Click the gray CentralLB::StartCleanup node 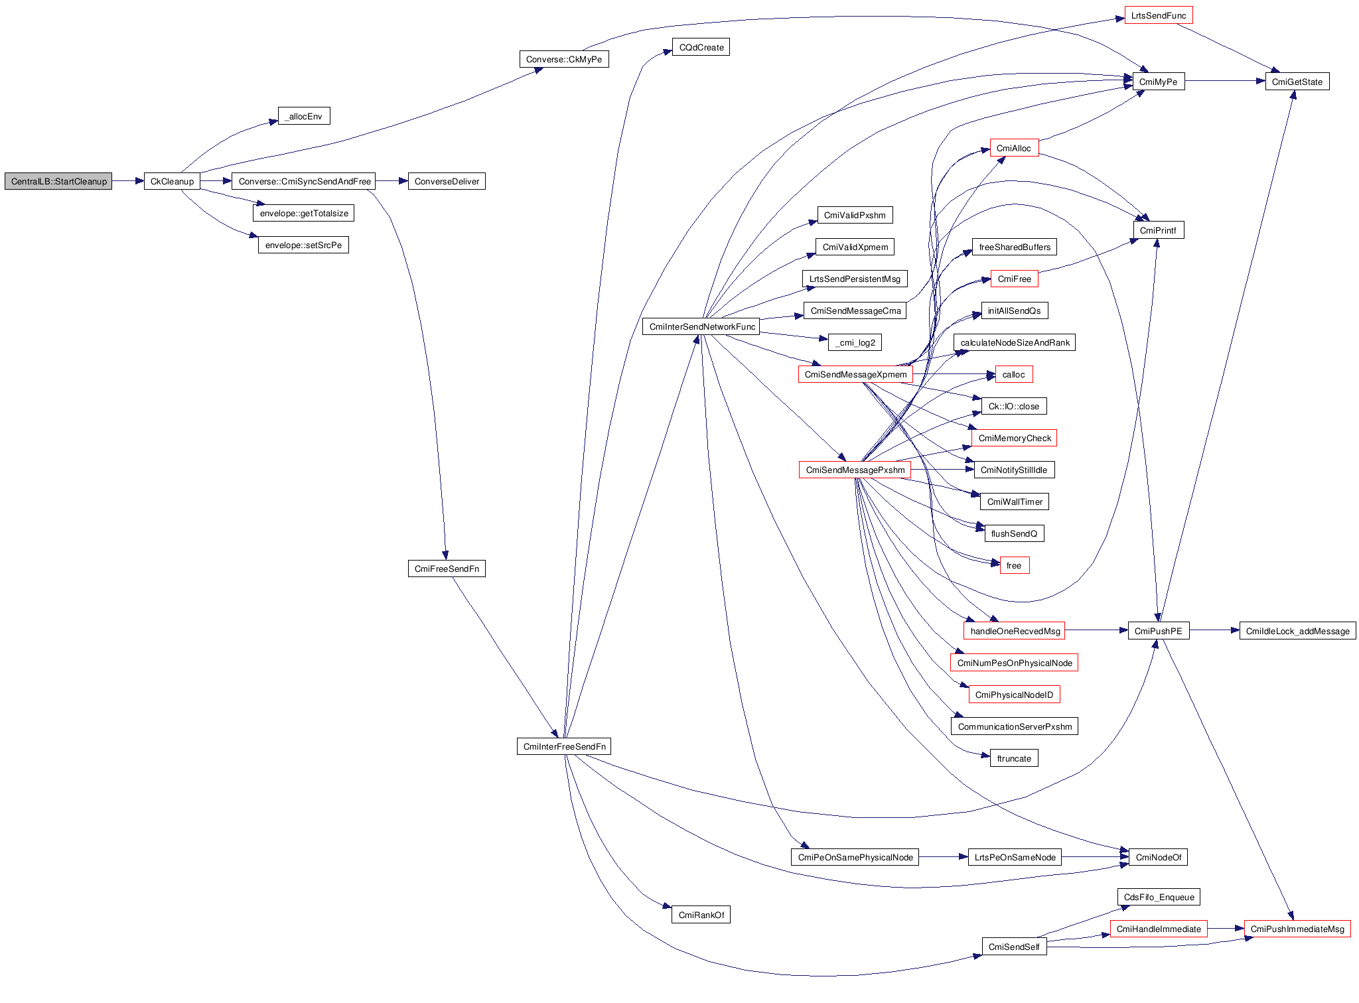point(58,181)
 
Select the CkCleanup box point(172,181)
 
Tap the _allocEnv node point(304,116)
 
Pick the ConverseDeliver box point(447,181)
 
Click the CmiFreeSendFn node point(447,568)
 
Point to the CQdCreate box point(701,47)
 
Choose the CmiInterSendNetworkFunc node point(702,326)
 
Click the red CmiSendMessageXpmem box point(855,374)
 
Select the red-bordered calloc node point(1013,374)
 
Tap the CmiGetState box point(1297,82)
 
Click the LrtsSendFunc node point(1158,15)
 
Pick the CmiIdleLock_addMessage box point(1297,631)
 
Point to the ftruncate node point(1014,758)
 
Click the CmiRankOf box point(701,915)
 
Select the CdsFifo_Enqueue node point(1159,897)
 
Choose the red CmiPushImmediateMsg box point(1297,929)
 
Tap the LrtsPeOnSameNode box point(1015,857)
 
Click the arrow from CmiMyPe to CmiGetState point(1224,81)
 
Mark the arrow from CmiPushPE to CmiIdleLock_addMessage point(1214,630)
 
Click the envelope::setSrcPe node point(303,245)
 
